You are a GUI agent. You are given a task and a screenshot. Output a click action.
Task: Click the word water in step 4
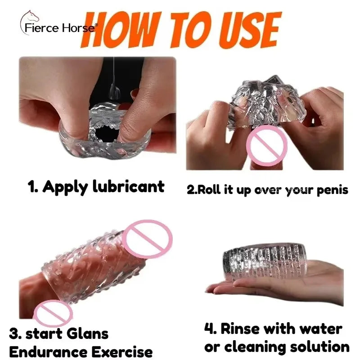pyautogui.click(x=320, y=329)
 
